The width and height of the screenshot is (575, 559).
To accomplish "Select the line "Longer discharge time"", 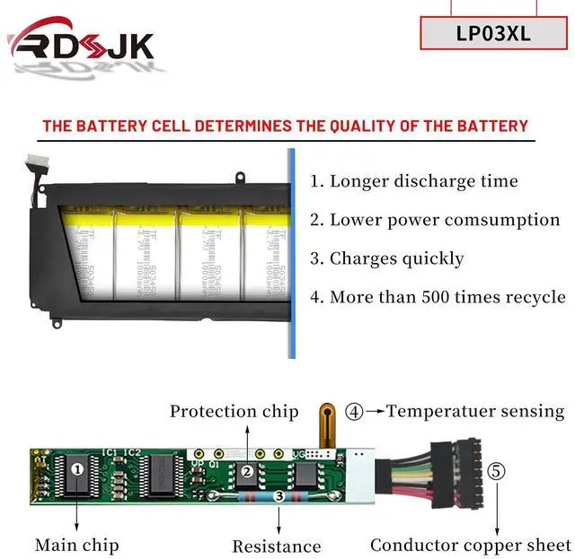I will click(414, 181).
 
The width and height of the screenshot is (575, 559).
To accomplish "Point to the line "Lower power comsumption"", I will click(435, 220).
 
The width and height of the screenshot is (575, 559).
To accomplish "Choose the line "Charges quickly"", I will click(387, 258).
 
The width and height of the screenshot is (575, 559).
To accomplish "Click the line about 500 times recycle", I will click(438, 297).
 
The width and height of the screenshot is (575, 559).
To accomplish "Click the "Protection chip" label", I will click(234, 412).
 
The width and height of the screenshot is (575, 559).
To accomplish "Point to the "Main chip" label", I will click(76, 545).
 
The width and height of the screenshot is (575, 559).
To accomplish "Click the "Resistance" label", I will click(277, 546).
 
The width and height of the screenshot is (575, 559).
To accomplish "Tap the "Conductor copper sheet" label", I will click(471, 545).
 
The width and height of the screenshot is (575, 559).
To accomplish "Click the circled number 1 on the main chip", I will click(77, 467).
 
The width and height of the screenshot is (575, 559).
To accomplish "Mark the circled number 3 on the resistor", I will click(279, 495).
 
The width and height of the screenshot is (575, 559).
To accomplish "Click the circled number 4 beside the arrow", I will click(354, 412).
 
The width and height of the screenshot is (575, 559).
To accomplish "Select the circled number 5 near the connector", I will click(496, 471).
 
